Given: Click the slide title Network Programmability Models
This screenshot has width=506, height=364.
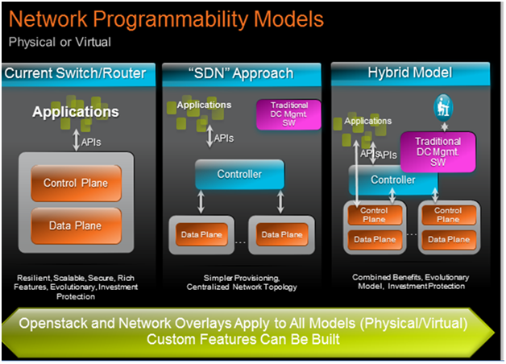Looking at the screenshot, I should (x=166, y=19).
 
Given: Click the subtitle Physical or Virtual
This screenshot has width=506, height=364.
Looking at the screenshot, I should (x=60, y=41).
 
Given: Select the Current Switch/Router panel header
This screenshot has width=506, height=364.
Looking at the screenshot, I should (x=75, y=74).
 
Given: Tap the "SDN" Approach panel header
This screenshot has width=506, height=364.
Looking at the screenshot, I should (x=243, y=74).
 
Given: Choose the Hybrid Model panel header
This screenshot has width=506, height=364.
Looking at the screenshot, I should (x=412, y=74).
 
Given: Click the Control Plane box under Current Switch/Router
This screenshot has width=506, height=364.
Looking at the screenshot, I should (x=77, y=183).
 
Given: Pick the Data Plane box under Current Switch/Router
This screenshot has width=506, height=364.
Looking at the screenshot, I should (x=77, y=226).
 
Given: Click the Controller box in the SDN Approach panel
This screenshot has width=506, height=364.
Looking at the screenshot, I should (x=239, y=174).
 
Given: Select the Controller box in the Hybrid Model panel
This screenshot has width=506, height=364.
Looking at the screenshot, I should (x=392, y=180).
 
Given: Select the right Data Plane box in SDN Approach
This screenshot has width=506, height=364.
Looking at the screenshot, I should (x=281, y=234).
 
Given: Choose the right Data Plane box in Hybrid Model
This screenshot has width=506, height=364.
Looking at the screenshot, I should (x=448, y=239).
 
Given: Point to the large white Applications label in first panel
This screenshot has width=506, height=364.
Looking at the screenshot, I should (x=75, y=112).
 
